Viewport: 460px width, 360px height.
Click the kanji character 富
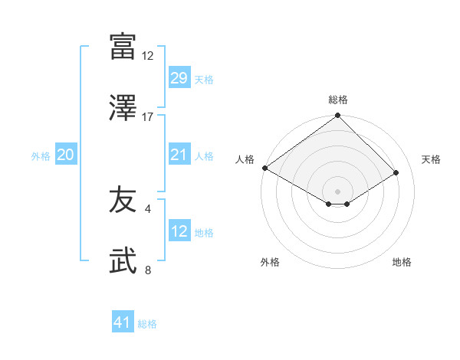(x=123, y=46)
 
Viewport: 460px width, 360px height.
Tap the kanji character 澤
(x=123, y=107)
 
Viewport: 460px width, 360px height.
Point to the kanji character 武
(x=123, y=260)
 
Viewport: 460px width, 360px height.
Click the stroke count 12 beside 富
(x=148, y=56)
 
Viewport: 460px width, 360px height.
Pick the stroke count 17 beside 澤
(x=148, y=117)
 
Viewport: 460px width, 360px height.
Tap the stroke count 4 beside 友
(x=148, y=208)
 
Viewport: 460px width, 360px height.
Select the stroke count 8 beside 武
(x=148, y=270)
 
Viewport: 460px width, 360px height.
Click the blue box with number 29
(x=179, y=78)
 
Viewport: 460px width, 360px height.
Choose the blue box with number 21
(x=179, y=155)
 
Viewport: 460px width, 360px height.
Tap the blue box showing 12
(x=179, y=231)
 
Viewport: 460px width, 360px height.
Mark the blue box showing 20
(x=65, y=155)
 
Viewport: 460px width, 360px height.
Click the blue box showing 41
(x=123, y=322)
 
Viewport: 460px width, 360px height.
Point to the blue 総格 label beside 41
(x=147, y=324)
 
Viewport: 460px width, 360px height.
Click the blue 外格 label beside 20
(x=41, y=155)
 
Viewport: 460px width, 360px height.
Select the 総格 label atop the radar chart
(x=338, y=100)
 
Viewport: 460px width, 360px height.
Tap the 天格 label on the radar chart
(x=431, y=159)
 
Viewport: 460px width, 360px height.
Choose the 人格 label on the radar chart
(x=245, y=159)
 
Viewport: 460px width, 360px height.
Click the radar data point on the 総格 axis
(x=338, y=116)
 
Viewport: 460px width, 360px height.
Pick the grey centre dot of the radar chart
(x=338, y=191)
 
